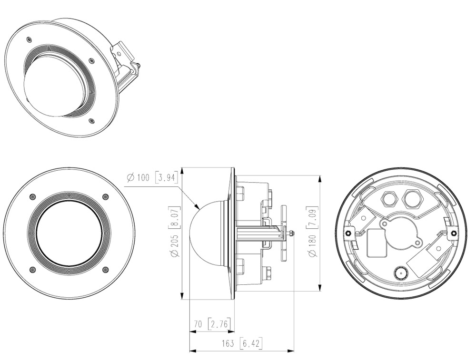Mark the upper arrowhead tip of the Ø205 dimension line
[x=182, y=168]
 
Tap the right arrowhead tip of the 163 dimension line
[x=294, y=351]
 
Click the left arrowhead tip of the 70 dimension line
[x=190, y=331]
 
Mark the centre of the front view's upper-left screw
[x=33, y=196]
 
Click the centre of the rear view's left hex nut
[x=348, y=233]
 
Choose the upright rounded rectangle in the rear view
[x=377, y=243]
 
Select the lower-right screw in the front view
[x=106, y=269]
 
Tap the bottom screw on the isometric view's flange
[x=91, y=121]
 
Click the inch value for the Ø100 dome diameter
[x=166, y=177]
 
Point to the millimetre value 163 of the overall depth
[x=228, y=343]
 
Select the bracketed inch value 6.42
[x=251, y=343]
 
